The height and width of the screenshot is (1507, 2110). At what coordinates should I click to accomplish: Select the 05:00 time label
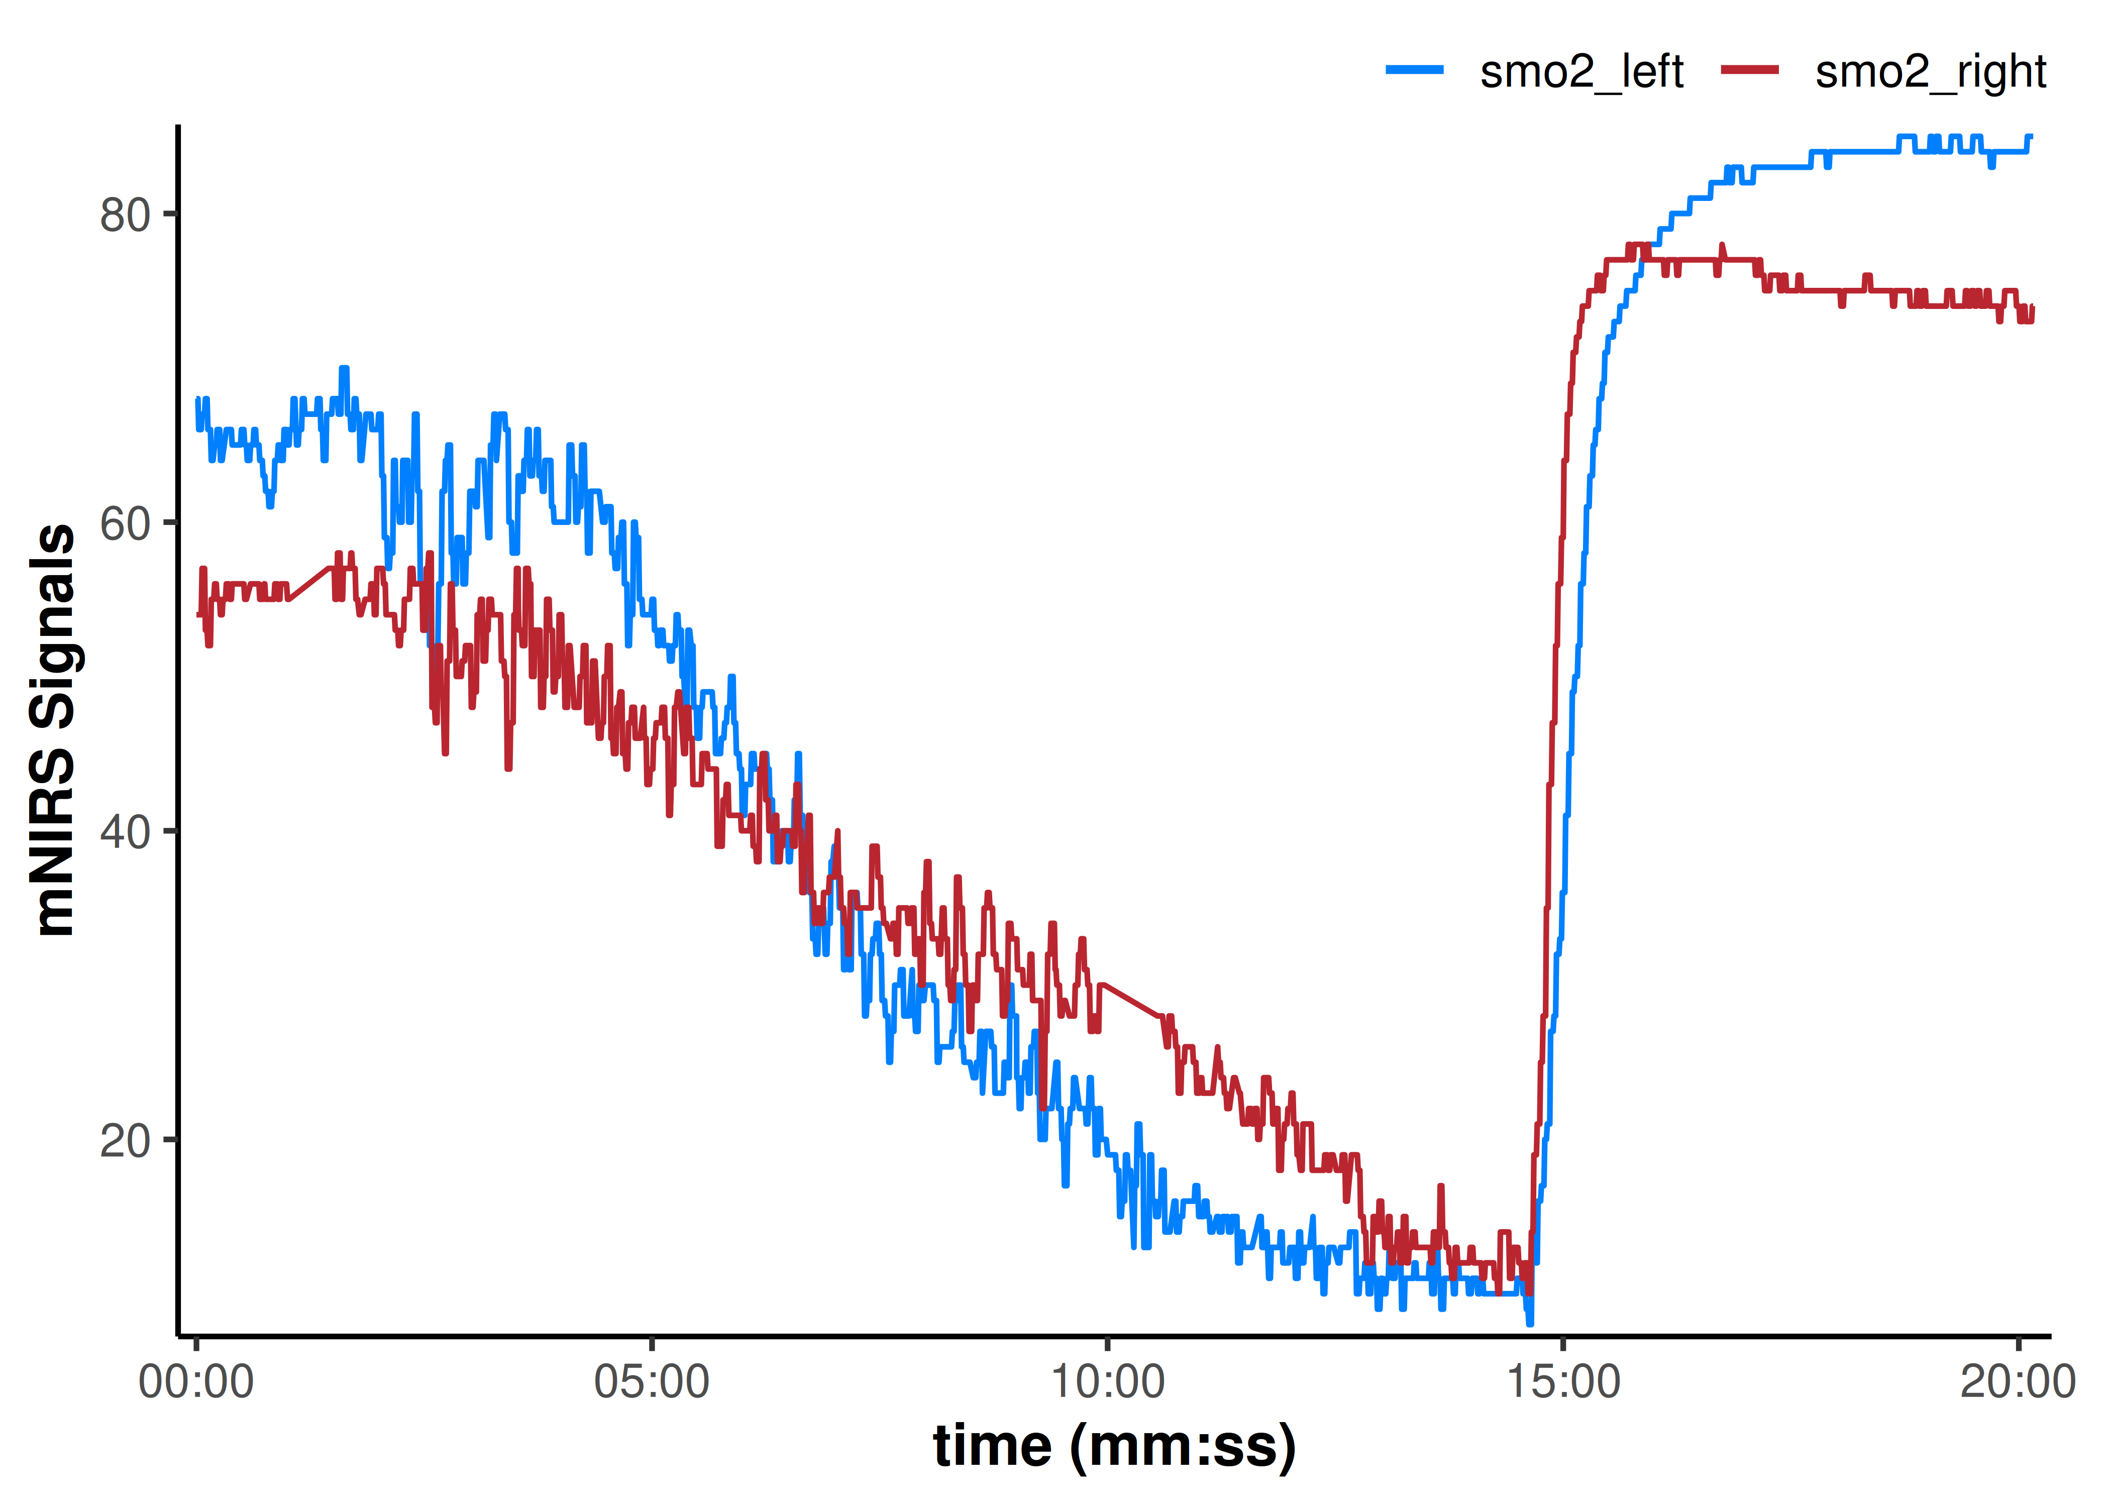click(652, 1382)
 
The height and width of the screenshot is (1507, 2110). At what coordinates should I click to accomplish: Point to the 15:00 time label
click(1563, 1382)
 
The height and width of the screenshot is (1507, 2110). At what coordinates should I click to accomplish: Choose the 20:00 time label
click(2018, 1382)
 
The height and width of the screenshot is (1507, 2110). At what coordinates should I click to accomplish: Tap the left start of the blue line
click(197, 400)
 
